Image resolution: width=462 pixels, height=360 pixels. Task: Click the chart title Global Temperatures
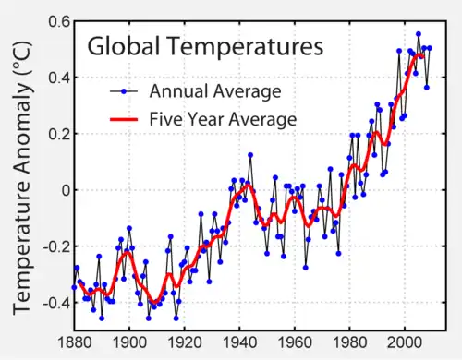tap(204, 46)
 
